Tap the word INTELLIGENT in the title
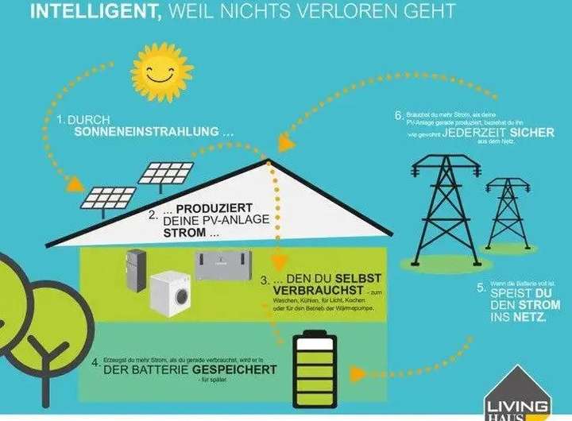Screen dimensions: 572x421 pyautogui.click(x=87, y=13)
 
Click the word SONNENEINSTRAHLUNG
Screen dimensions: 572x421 pyautogui.click(x=146, y=133)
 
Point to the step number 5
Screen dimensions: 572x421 pyautogui.click(x=481, y=289)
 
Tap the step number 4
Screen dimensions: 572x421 pyautogui.click(x=95, y=364)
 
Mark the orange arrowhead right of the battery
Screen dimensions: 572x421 pyautogui.click(x=361, y=373)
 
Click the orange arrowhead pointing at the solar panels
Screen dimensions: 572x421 pyautogui.click(x=75, y=184)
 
